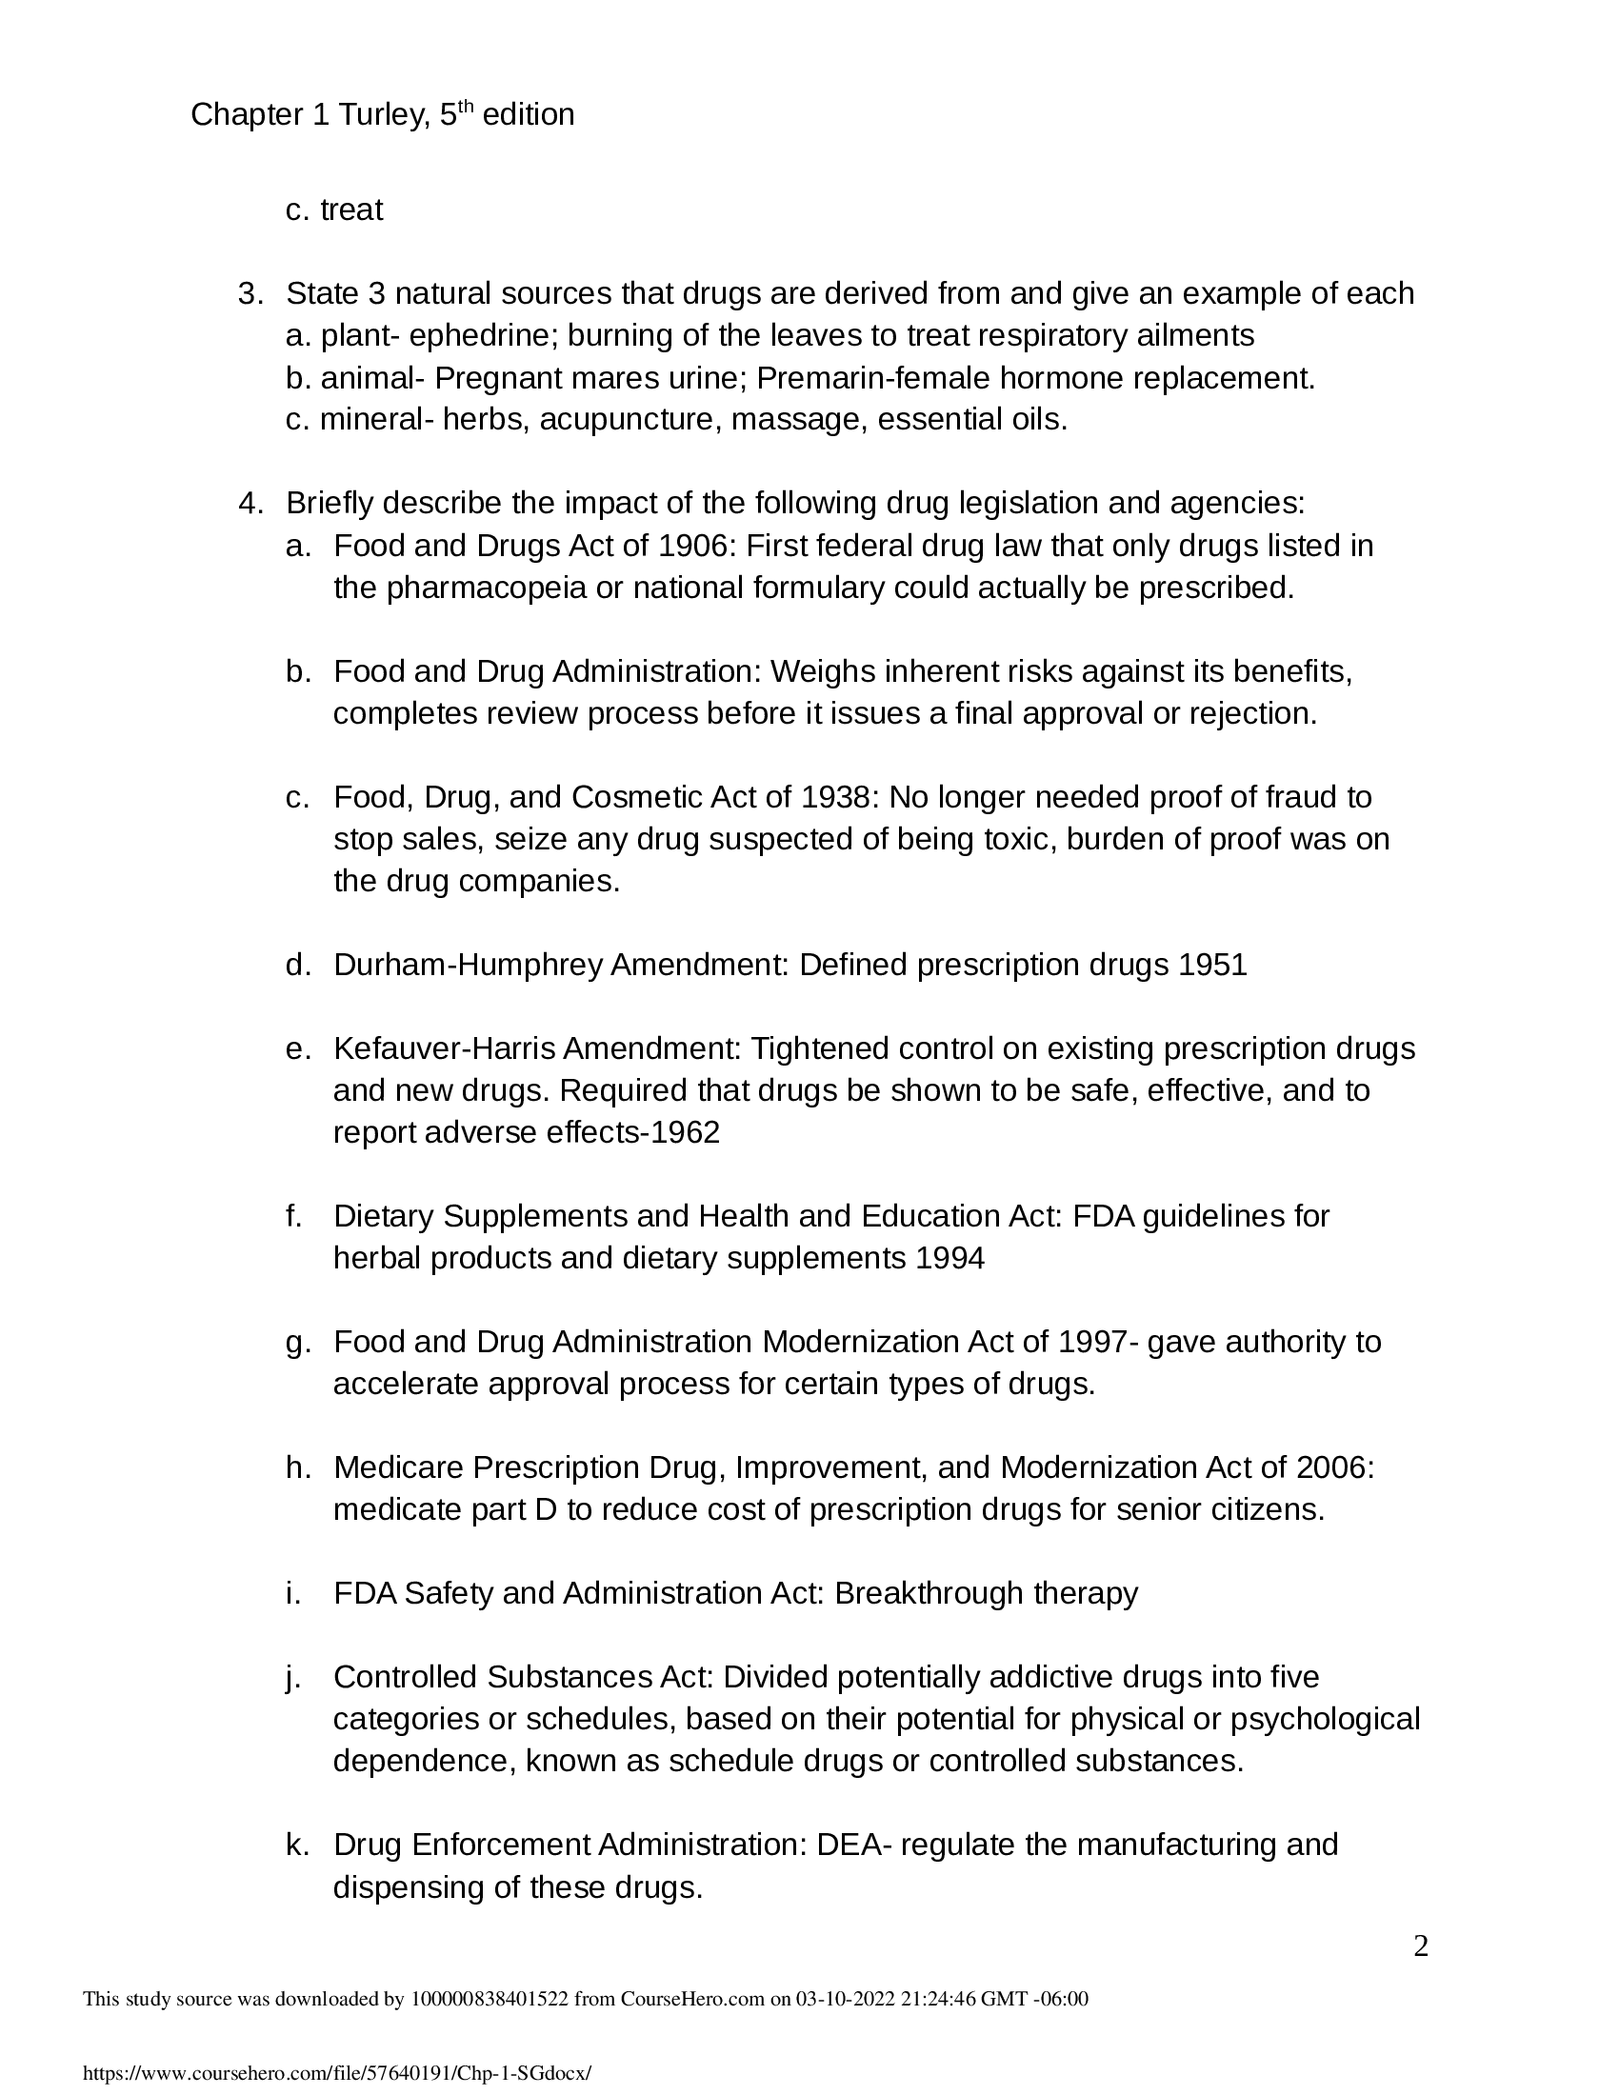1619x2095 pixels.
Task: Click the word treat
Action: click(351, 210)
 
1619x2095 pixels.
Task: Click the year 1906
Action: click(695, 546)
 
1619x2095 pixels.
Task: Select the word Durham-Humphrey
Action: click(467, 965)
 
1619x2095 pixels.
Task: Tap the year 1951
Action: click(1212, 965)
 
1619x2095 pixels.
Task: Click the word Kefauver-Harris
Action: click(444, 1048)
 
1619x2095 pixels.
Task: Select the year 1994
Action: click(949, 1259)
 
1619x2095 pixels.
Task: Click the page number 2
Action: click(1421, 1947)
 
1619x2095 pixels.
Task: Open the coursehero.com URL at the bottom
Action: click(336, 2073)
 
